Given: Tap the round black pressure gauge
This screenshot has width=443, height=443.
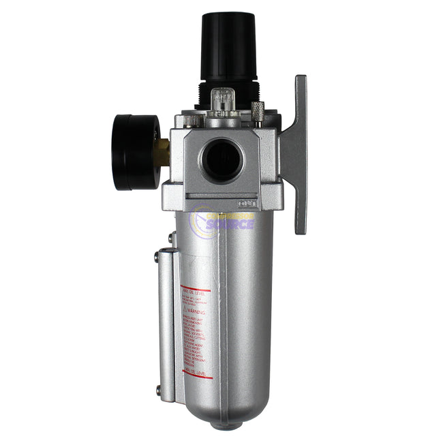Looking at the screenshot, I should [136, 151].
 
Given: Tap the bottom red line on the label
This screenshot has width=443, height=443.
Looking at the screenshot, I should [197, 376].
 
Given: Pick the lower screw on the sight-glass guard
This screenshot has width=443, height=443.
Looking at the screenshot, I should [158, 391].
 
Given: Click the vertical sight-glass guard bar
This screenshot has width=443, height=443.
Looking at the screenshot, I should [167, 324].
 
